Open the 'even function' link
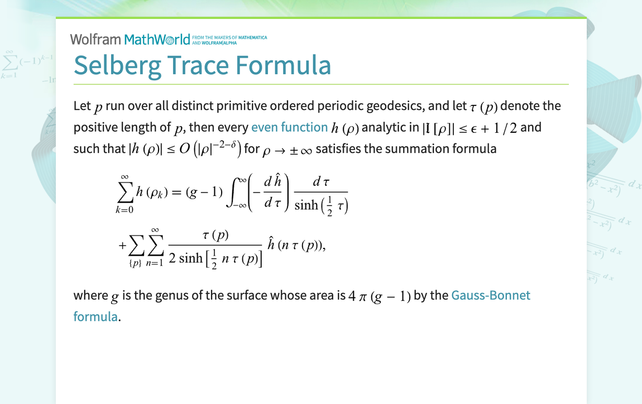(289, 127)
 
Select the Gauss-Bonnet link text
(491, 295)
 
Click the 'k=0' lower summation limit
(124, 210)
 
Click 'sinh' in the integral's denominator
(306, 205)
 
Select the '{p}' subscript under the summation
(135, 263)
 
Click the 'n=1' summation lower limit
(155, 263)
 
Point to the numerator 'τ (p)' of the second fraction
(215, 235)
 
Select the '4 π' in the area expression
(357, 296)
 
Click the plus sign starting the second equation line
(122, 245)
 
